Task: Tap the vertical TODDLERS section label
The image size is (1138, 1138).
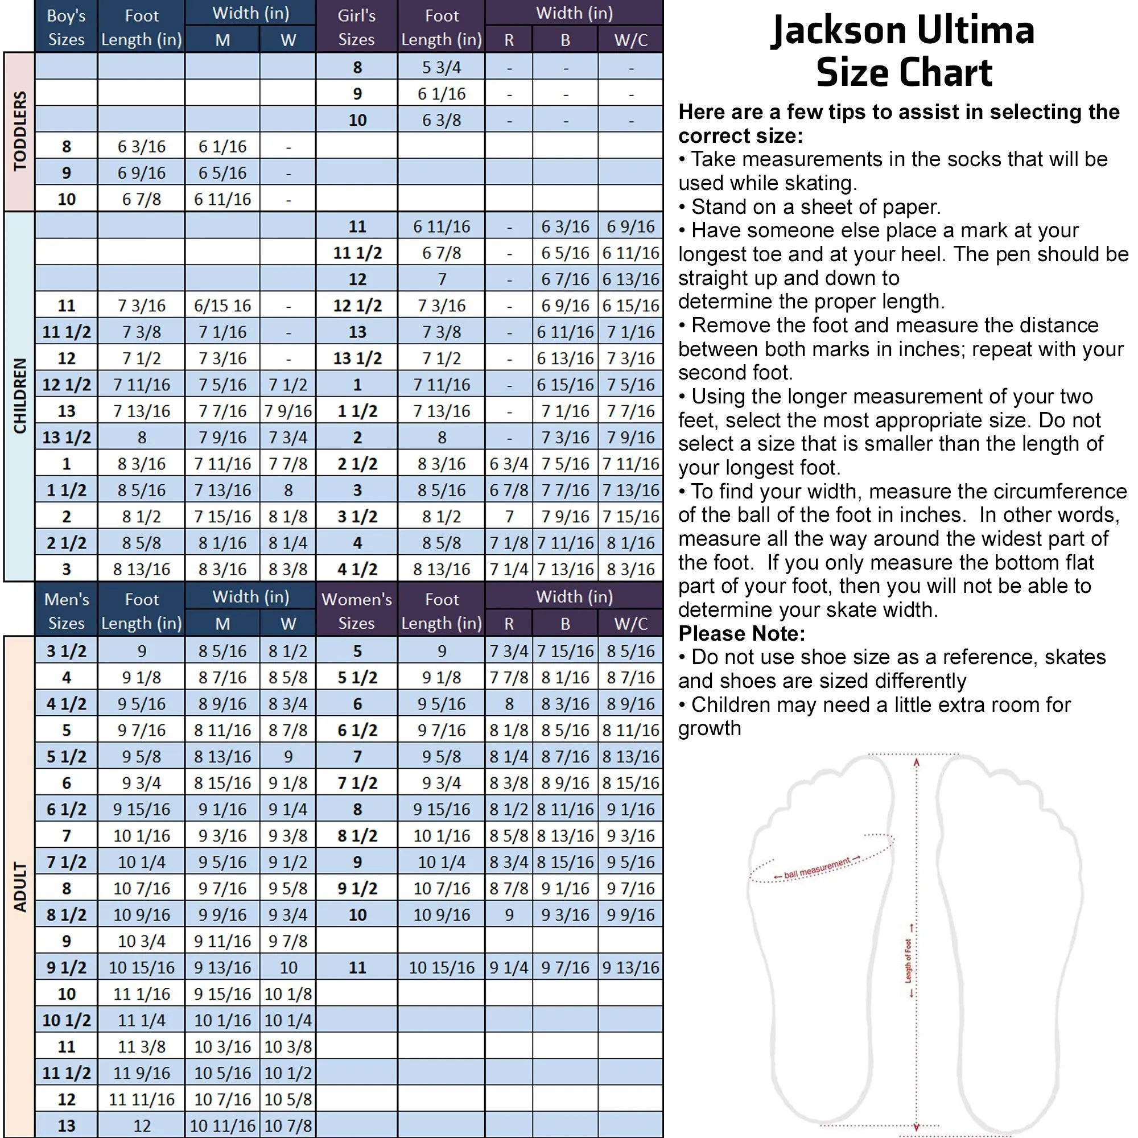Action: [19, 131]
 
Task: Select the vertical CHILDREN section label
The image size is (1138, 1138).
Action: [19, 396]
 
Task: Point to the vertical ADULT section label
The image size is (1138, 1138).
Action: [19, 887]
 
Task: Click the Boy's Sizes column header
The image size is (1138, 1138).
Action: [66, 27]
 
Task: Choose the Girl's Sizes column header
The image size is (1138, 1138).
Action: [356, 27]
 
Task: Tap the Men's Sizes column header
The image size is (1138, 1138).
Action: [66, 611]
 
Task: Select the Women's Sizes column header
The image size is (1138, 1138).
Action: [356, 611]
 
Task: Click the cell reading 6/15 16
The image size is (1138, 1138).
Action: [222, 306]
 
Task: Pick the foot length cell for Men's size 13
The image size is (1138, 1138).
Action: [141, 1125]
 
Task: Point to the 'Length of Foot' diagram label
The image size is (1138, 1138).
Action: [908, 960]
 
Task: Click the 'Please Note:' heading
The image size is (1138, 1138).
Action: [741, 634]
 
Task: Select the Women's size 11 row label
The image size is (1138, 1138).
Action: [357, 967]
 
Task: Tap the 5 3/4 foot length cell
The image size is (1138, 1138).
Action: [441, 67]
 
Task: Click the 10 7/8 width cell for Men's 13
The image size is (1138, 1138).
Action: [287, 1125]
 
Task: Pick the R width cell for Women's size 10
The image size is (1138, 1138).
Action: [509, 915]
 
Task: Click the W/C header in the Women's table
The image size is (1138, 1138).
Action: [630, 624]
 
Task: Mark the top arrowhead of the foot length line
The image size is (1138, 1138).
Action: [917, 762]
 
